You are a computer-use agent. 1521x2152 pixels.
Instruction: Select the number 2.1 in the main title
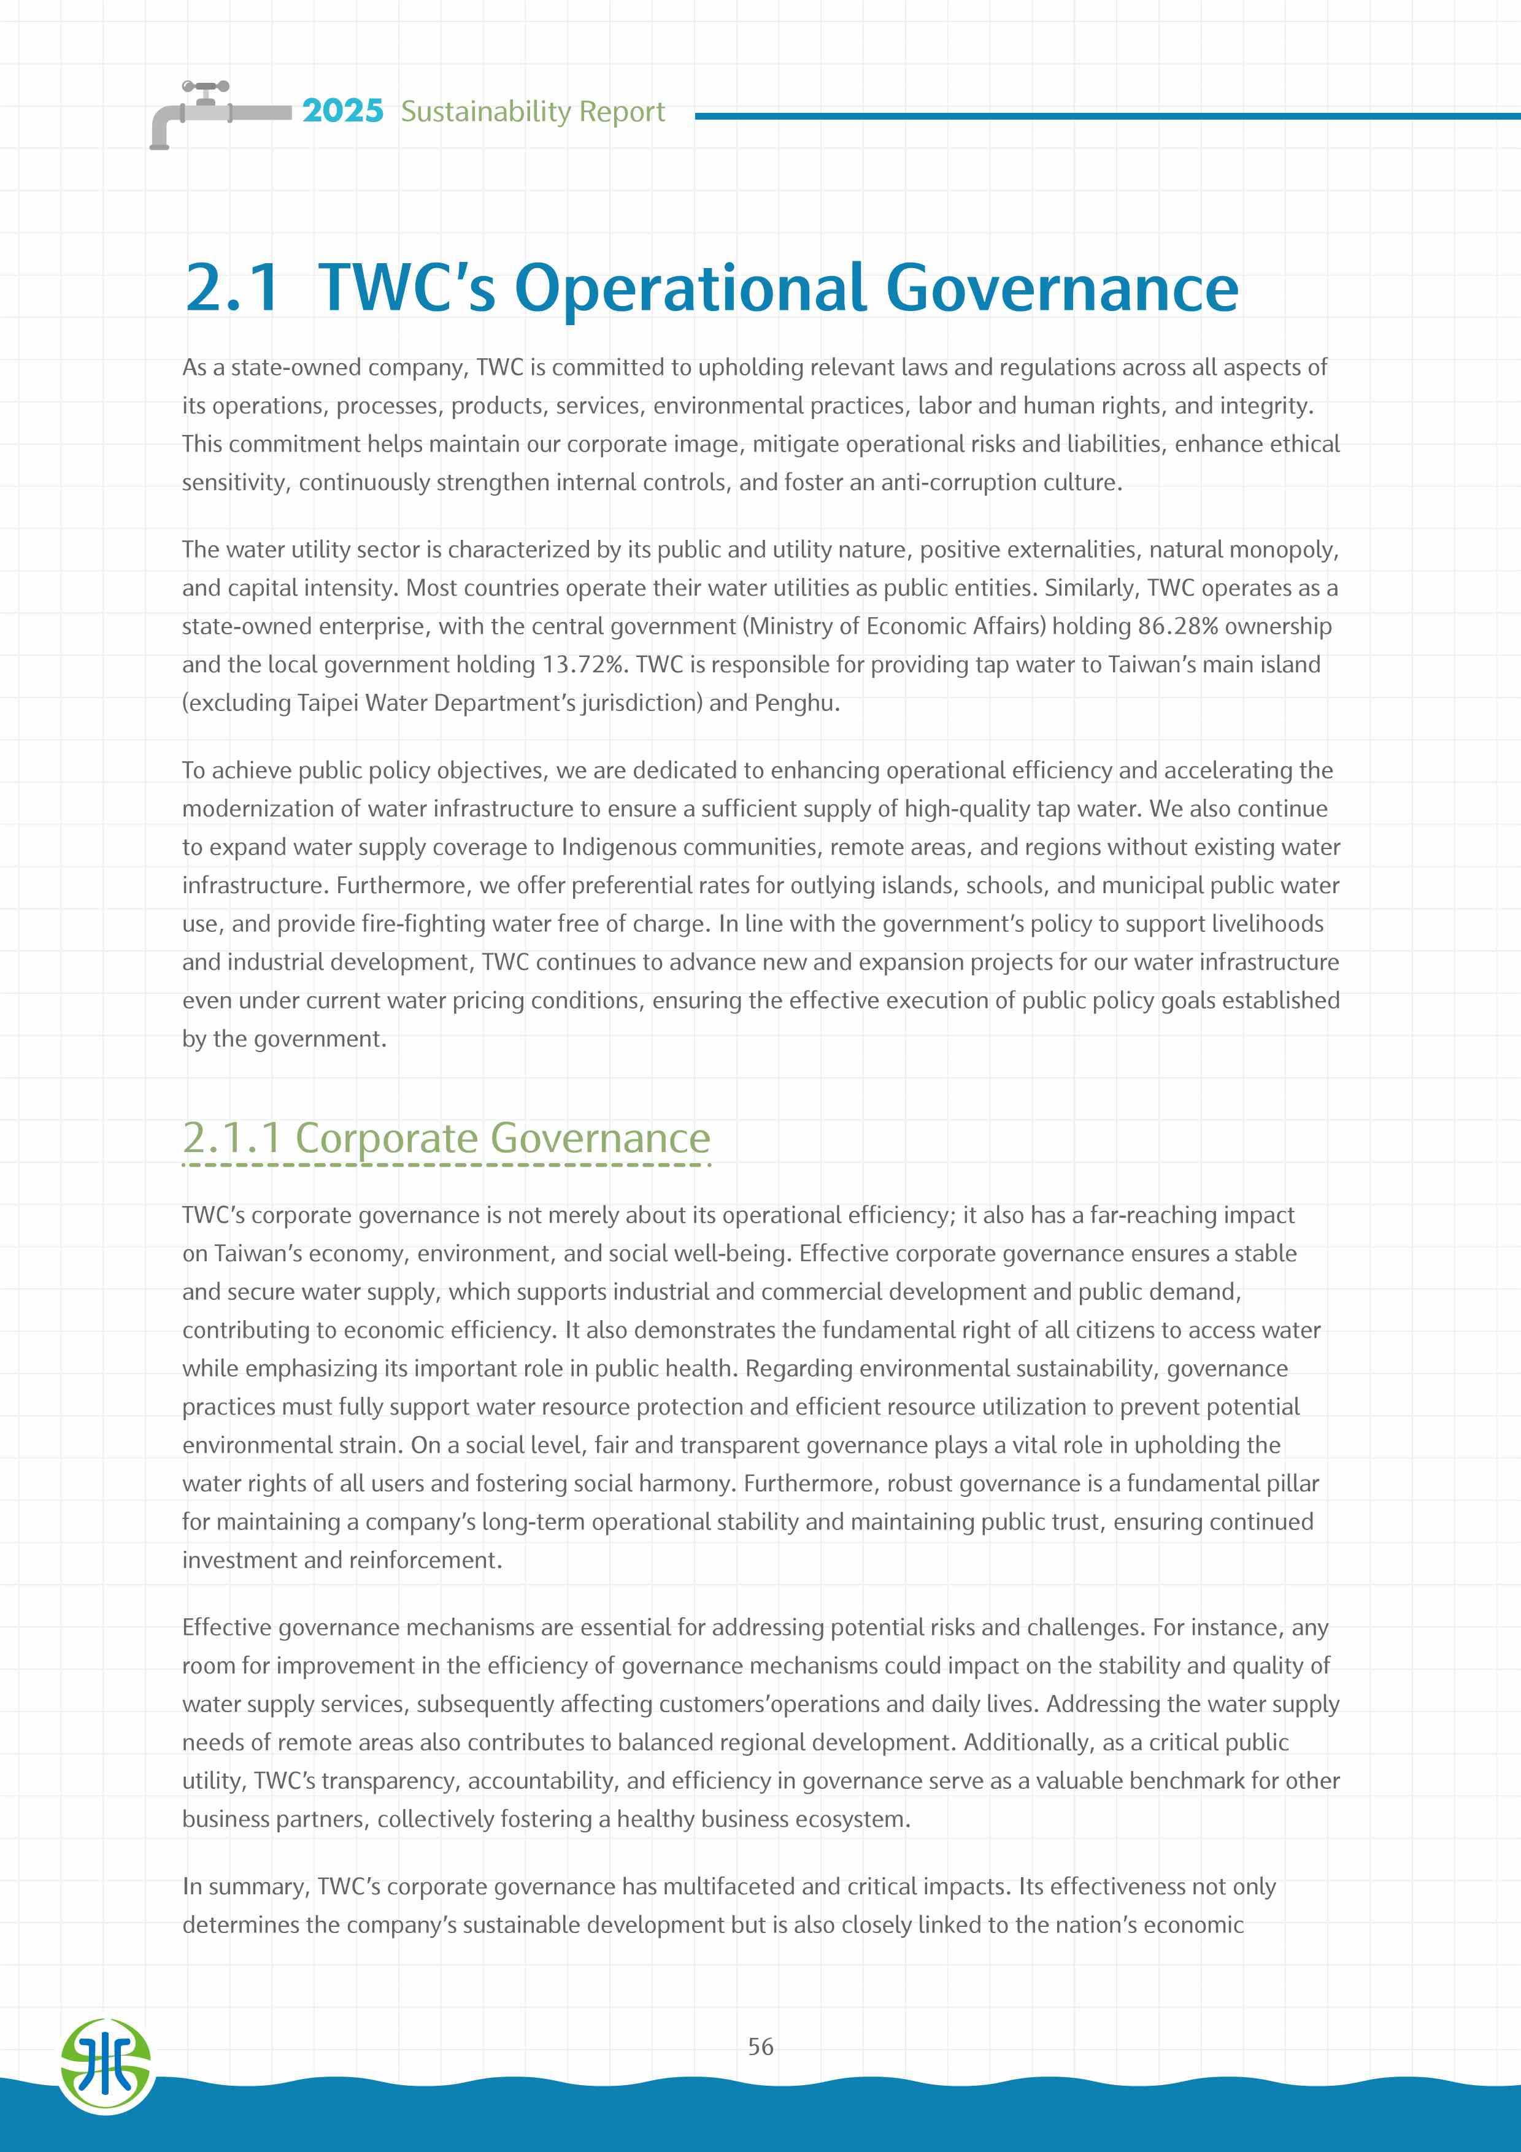pos(233,287)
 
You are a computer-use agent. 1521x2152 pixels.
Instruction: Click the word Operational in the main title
pos(690,287)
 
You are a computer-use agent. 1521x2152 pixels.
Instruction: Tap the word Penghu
pos(796,703)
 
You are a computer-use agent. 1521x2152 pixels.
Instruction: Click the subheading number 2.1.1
pos(233,1138)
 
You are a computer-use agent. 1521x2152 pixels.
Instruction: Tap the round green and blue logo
pos(106,2065)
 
